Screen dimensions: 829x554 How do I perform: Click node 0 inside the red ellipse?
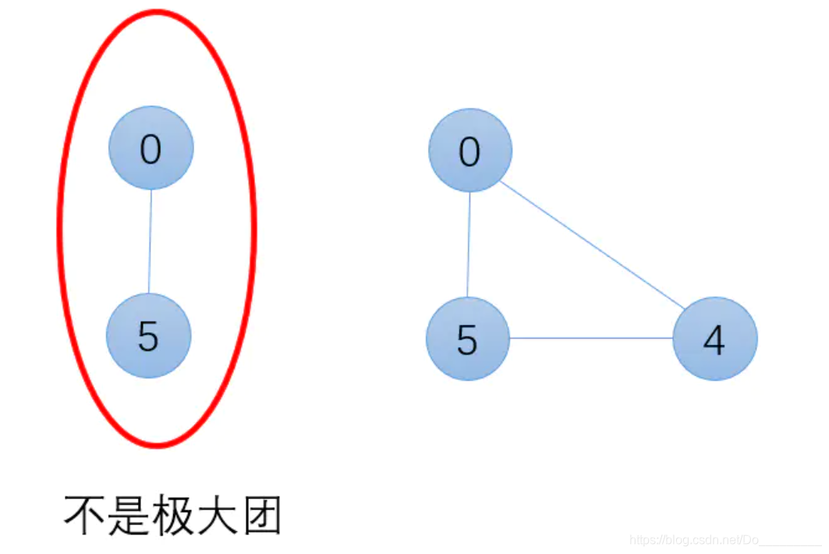point(151,148)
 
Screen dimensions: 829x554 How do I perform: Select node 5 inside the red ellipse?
point(148,336)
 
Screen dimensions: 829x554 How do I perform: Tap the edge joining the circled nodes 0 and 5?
point(150,242)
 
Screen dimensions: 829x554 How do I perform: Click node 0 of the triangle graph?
point(469,151)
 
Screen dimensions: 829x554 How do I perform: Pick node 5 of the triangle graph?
point(467,339)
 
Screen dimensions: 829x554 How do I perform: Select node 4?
point(714,339)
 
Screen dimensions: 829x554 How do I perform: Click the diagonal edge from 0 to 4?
point(591,244)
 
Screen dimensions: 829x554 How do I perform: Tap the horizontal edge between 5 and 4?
point(591,339)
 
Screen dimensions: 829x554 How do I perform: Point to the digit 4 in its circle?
point(714,340)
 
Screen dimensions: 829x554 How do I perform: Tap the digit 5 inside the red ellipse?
point(148,337)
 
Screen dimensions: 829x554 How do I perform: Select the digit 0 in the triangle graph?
point(469,152)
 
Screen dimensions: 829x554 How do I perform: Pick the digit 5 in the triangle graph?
point(467,340)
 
